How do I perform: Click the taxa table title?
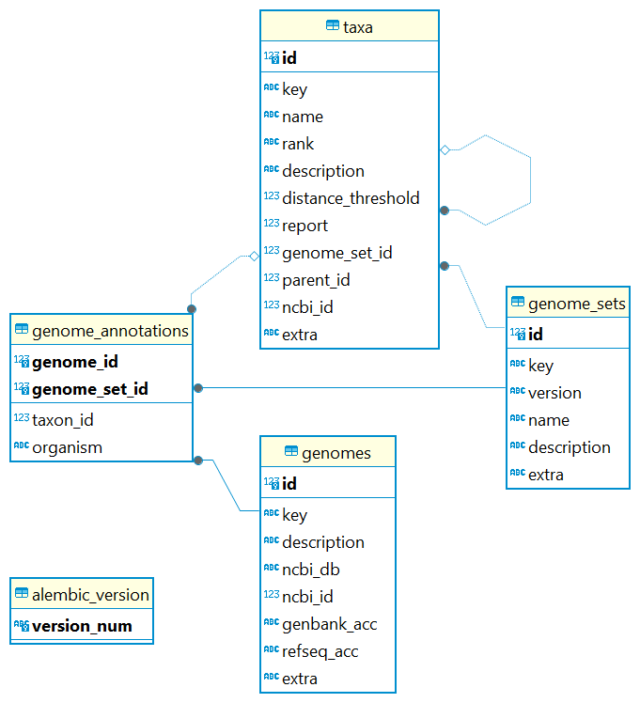357,27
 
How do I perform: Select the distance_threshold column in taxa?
350,198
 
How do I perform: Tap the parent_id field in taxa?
317,280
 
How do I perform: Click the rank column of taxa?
298,144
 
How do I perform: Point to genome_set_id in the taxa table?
336,253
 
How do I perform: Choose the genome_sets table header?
576,304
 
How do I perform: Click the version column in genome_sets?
554,393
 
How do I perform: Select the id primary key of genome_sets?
535,334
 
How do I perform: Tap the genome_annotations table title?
110,331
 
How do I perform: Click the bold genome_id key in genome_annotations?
74,362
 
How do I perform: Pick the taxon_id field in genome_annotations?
62,420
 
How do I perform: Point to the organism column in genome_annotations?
67,447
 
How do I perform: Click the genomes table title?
336,453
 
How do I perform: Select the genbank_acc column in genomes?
329,624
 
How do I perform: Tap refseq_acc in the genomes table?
320,651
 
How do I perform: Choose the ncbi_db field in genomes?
310,570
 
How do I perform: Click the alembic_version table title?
90,595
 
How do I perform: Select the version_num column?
82,626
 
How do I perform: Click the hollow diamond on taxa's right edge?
445,149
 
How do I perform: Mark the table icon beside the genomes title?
291,452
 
